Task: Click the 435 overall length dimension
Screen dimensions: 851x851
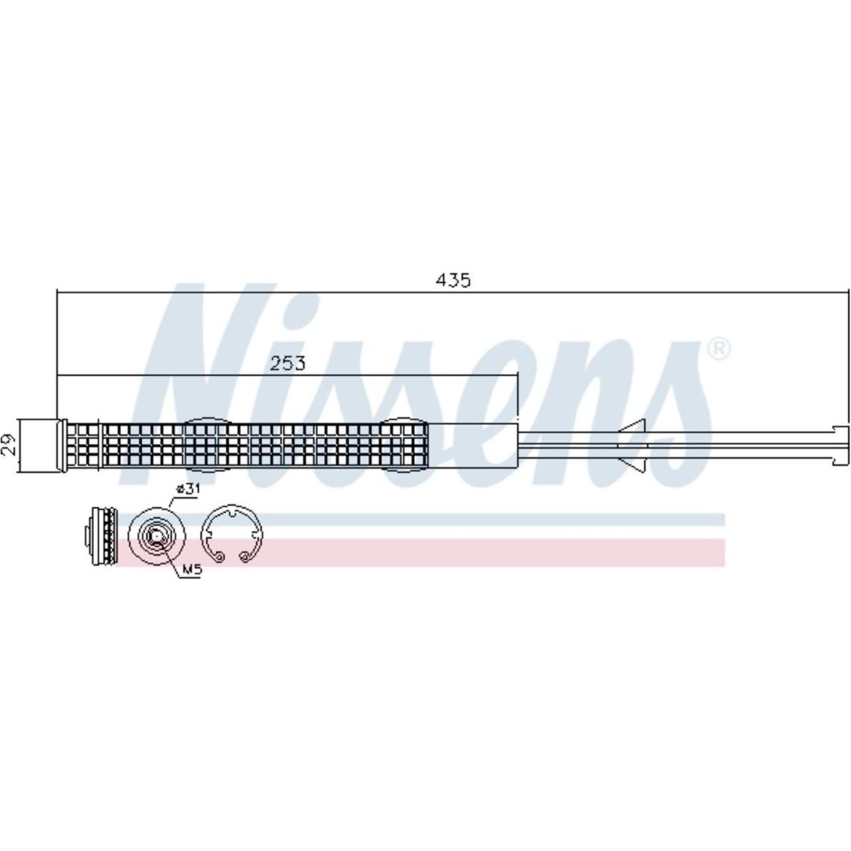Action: pos(453,280)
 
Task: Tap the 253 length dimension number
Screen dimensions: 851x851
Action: pos(287,363)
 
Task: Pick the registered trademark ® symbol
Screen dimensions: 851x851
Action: pos(719,349)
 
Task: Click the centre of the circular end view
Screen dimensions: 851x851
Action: pos(157,536)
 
